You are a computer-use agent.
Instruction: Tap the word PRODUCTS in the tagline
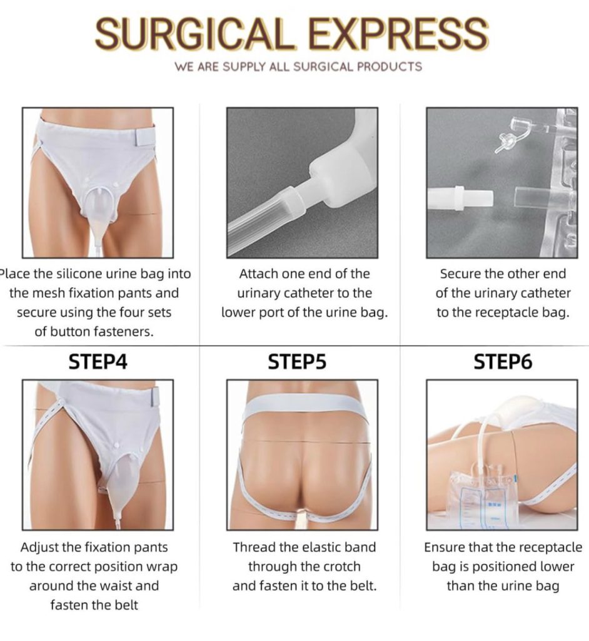tap(390, 66)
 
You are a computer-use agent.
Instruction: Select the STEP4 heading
tap(98, 362)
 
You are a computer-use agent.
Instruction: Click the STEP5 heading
tap(298, 362)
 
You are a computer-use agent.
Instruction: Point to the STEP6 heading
tap(503, 362)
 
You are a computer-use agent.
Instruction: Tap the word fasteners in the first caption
tap(122, 332)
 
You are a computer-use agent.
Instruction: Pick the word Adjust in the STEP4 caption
tap(38, 547)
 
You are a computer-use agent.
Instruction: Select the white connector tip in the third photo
tap(460, 198)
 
